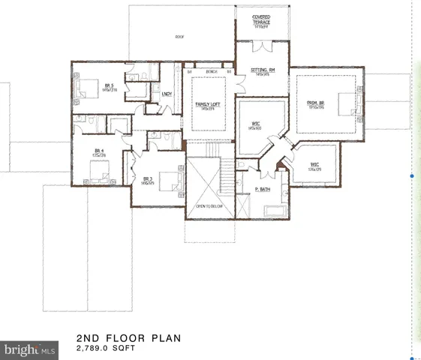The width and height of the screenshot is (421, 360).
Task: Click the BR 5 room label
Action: point(110,86)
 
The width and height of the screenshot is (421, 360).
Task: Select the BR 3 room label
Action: point(148,178)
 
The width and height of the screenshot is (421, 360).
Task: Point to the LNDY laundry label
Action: point(167,94)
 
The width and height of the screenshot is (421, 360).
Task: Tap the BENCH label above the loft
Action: point(212,72)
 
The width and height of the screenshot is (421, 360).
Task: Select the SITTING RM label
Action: point(263,70)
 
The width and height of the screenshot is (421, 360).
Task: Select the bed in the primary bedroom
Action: point(346,103)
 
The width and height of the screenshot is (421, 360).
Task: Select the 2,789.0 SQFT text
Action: point(107,349)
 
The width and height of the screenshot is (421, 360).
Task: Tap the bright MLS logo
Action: point(29,349)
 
